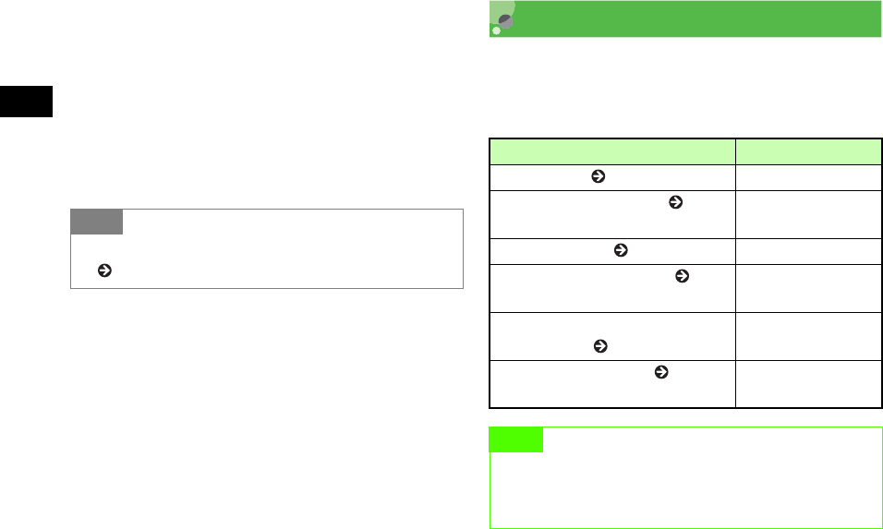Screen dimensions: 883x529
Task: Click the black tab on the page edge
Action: pyautogui.click(x=26, y=102)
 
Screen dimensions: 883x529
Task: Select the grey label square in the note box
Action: pyautogui.click(x=96, y=222)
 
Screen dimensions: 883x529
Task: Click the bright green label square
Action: pyautogui.click(x=515, y=439)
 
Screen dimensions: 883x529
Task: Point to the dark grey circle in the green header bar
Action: pyautogui.click(x=505, y=21)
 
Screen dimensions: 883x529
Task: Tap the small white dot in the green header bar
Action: pyautogui.click(x=496, y=30)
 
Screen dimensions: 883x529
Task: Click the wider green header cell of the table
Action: pyautogui.click(x=611, y=150)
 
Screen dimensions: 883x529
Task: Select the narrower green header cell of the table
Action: pyautogui.click(x=808, y=150)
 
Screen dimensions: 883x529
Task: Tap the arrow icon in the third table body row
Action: pyautogui.click(x=621, y=249)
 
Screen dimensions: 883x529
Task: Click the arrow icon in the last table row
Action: pyautogui.click(x=660, y=372)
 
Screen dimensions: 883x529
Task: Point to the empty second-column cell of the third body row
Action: pyautogui.click(x=808, y=249)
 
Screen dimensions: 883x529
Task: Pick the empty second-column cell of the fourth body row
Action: pyautogui.click(x=808, y=288)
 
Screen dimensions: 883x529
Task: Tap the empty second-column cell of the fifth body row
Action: pyautogui.click(x=808, y=336)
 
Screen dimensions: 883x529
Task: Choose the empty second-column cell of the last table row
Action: pyautogui.click(x=808, y=384)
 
